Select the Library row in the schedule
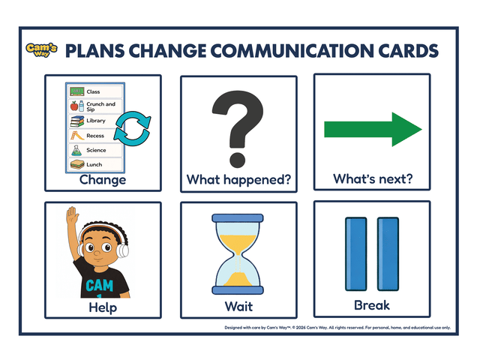tap(95, 121)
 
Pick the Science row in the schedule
tap(95, 150)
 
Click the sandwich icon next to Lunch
tap(76, 164)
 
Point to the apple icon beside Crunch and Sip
tap(74, 106)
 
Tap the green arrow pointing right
tap(373, 129)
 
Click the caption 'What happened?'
tap(238, 180)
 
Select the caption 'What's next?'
tap(373, 180)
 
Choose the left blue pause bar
tap(354, 254)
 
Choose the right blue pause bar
tap(388, 254)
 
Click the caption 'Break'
tap(372, 306)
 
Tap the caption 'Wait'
tap(238, 307)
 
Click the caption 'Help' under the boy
tap(102, 307)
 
